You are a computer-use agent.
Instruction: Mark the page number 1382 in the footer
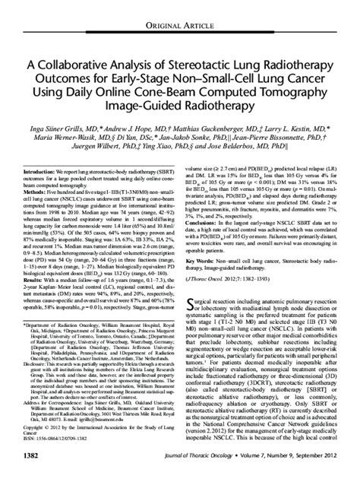[x=37, y=475]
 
